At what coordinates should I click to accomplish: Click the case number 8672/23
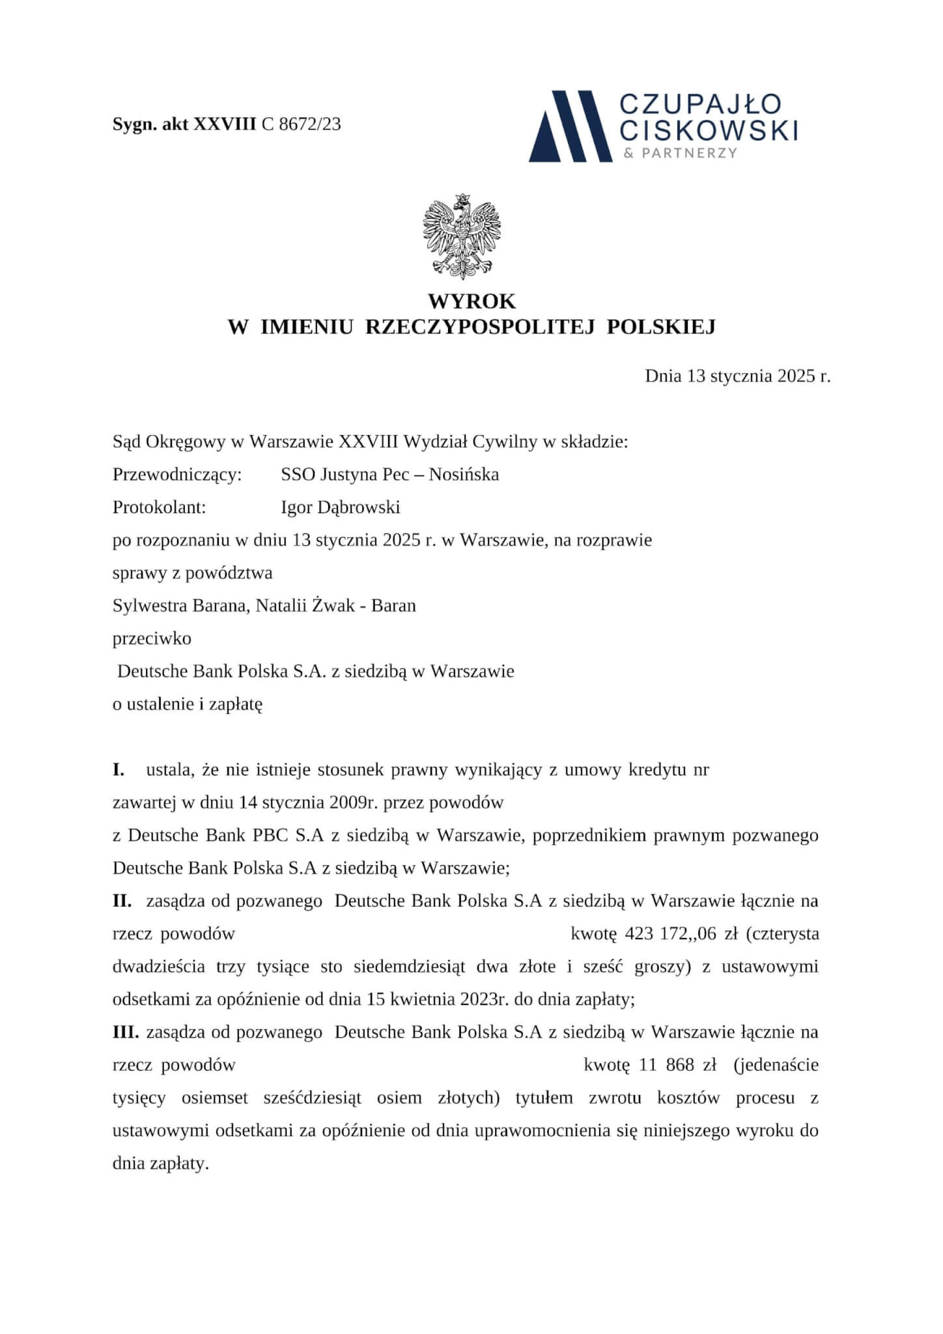tap(309, 124)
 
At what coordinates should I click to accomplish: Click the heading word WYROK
tap(471, 302)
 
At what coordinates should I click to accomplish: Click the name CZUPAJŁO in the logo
tap(700, 104)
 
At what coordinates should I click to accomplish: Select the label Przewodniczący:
tap(177, 475)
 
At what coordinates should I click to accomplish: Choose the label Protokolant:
tap(160, 507)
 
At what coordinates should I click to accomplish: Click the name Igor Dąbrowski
tap(341, 507)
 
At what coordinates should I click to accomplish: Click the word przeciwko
tap(152, 638)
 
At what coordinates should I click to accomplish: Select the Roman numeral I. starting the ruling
tap(119, 770)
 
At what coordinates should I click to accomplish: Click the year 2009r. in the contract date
tap(354, 802)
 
